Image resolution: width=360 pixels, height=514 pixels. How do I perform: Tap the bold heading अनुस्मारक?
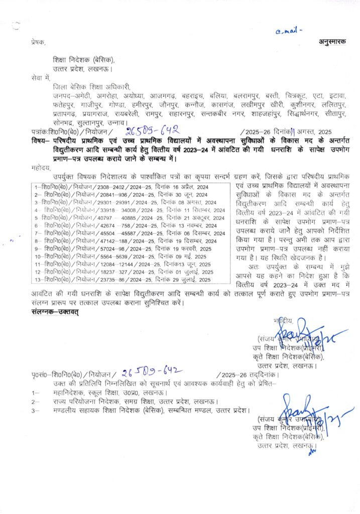point(332,42)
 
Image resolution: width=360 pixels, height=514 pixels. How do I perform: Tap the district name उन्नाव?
point(116,122)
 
